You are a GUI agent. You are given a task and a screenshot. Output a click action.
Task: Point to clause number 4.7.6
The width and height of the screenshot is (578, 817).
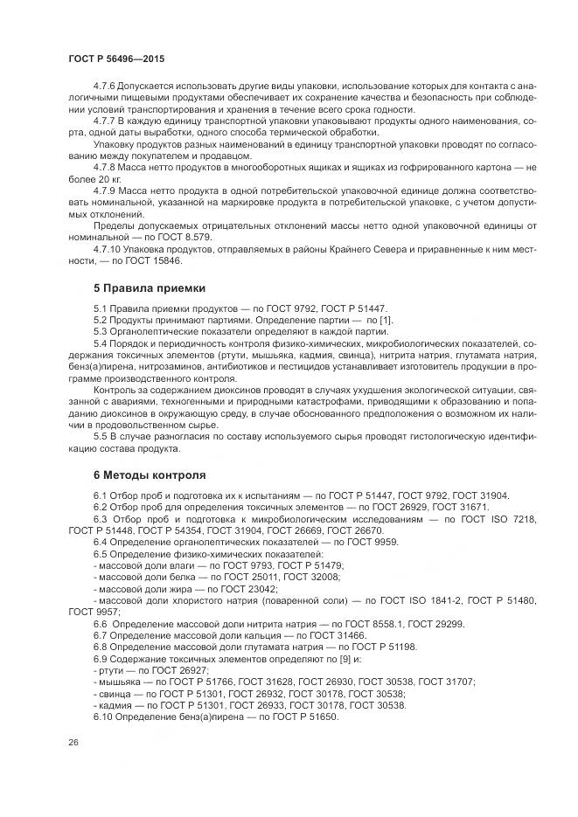[x=105, y=87]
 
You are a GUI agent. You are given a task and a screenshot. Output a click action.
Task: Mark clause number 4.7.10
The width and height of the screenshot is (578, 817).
[x=108, y=248]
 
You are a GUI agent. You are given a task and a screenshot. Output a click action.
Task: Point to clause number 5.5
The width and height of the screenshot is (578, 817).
[x=101, y=435]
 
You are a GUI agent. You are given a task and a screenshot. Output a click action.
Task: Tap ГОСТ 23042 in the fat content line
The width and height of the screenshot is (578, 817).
[x=238, y=588]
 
